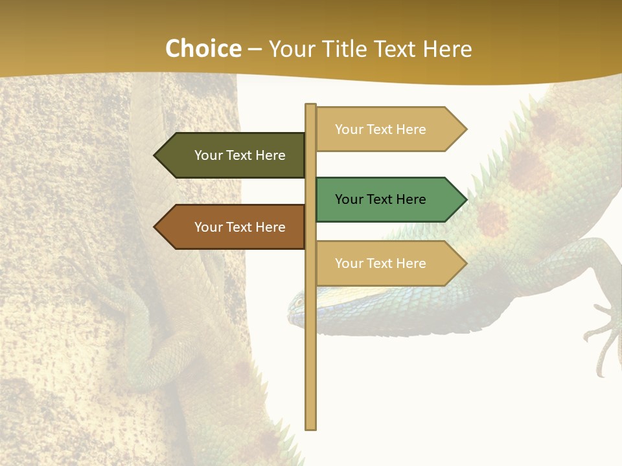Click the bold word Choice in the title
pos(203,49)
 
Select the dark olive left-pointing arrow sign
pos(233,155)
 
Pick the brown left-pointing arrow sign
pos(233,227)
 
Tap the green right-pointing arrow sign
pos(386,199)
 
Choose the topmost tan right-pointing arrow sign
pos(386,129)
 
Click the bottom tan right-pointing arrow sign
pos(386,263)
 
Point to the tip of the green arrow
pos(465,199)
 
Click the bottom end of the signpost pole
pos(310,427)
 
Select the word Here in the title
pos(448,49)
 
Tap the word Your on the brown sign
pos(209,227)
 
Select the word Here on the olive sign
pos(271,155)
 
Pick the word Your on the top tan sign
pos(349,129)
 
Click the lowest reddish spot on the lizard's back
pos(492,219)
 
